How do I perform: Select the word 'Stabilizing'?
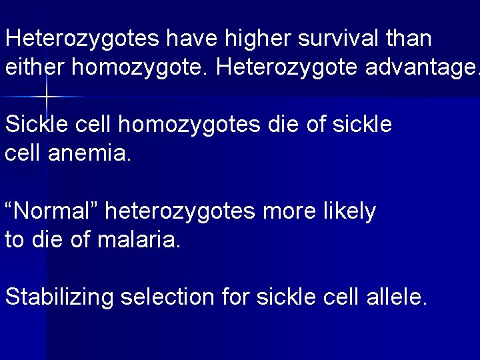click(x=59, y=297)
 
